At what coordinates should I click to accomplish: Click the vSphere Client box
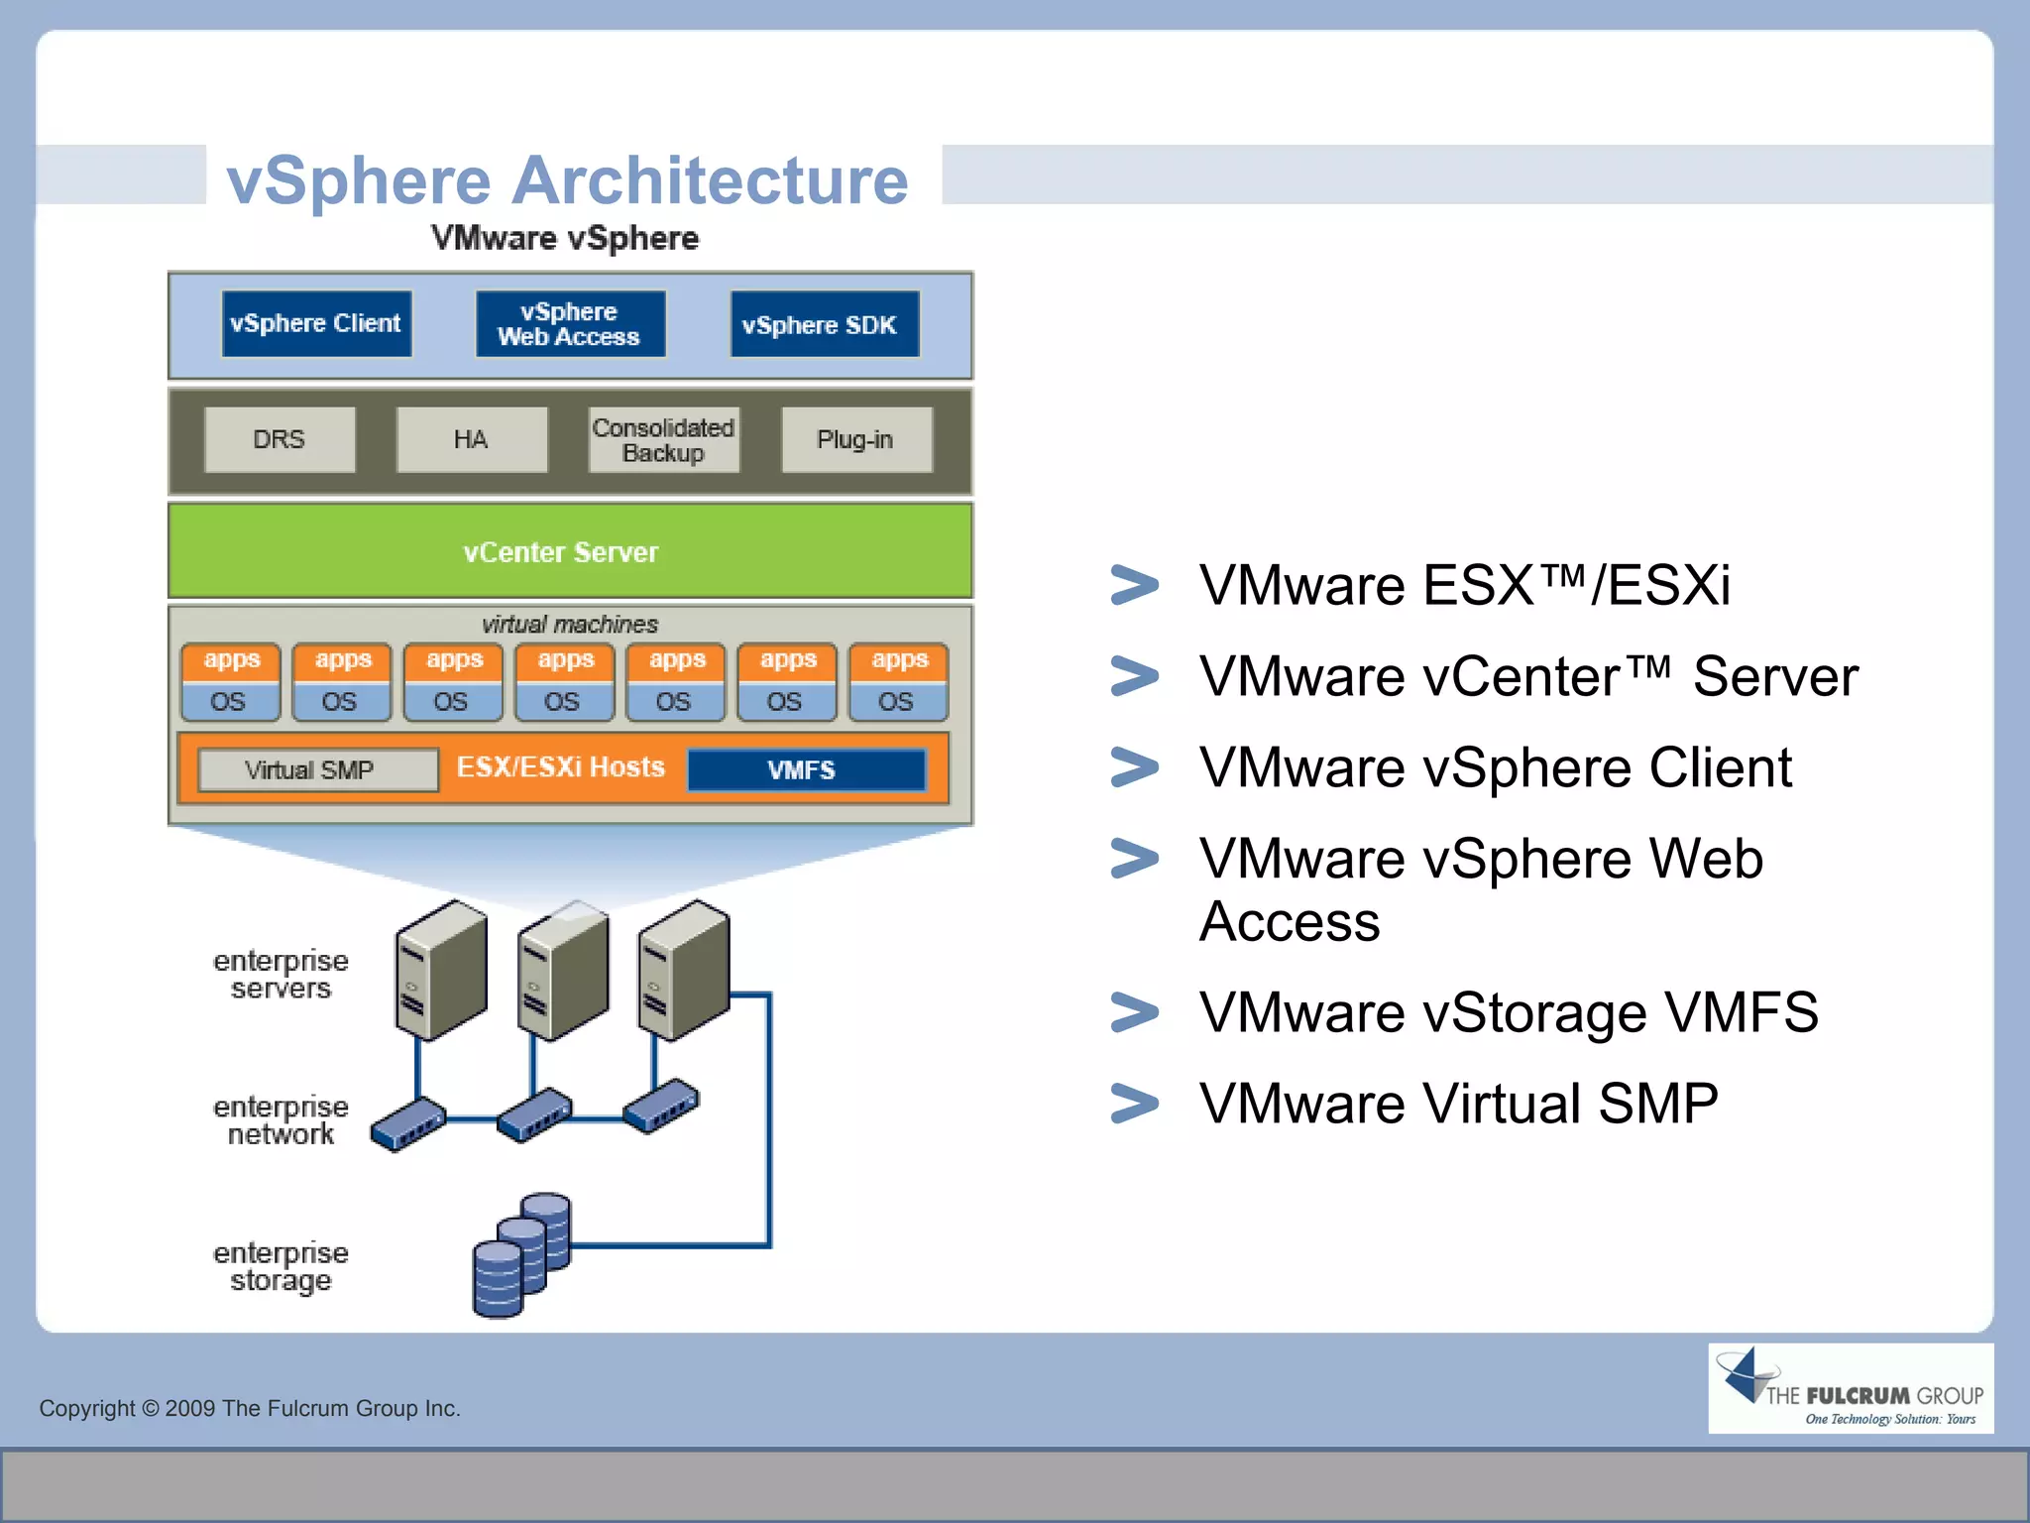click(x=316, y=324)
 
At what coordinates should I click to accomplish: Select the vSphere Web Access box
click(x=569, y=324)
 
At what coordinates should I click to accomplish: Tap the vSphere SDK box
click(x=824, y=324)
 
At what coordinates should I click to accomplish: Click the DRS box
click(x=280, y=439)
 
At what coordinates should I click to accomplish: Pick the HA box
click(x=472, y=439)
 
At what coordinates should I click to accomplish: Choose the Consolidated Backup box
click(x=663, y=439)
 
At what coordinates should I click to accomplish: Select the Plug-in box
click(x=855, y=439)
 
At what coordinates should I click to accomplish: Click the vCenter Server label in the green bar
click(x=561, y=552)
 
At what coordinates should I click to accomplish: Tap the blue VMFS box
click(x=806, y=770)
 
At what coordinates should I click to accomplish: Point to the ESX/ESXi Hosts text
click(x=560, y=767)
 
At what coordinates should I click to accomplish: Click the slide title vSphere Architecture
click(x=567, y=181)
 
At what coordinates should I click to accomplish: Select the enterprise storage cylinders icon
click(x=521, y=1255)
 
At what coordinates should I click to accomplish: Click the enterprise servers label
click(x=281, y=975)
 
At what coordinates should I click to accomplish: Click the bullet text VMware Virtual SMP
click(x=1458, y=1104)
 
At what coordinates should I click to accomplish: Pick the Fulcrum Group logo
click(x=1850, y=1388)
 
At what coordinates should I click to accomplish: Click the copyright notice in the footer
click(x=250, y=1408)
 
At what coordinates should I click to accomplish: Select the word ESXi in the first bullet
click(x=1668, y=585)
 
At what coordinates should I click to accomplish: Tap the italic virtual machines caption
click(x=570, y=624)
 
